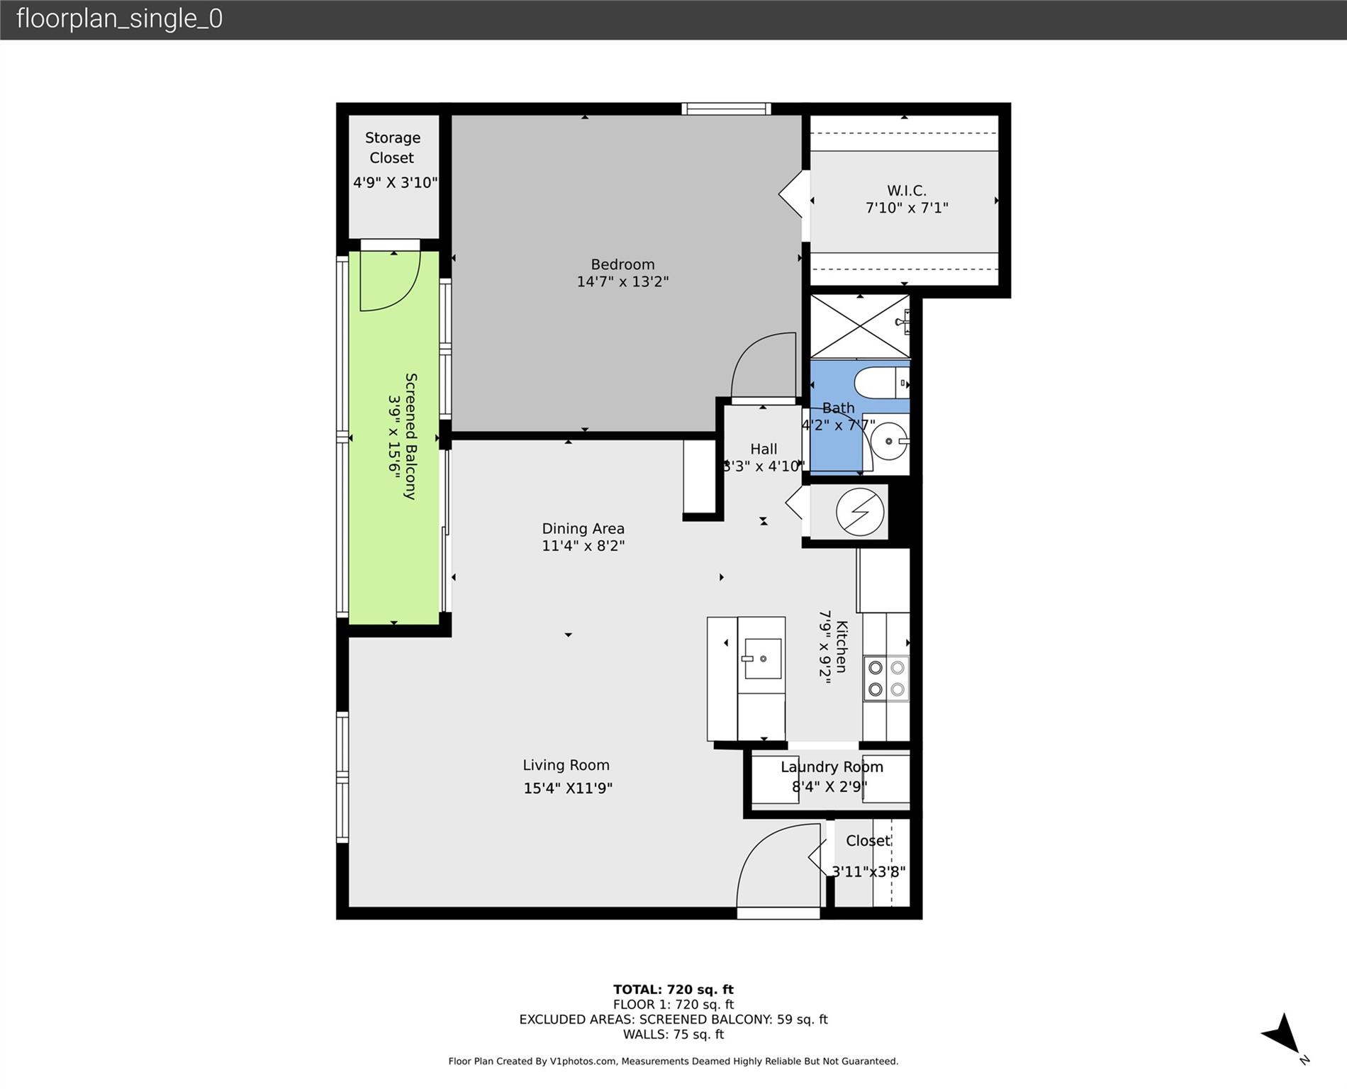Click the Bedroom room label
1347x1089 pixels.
point(622,264)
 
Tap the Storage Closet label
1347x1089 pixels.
point(392,147)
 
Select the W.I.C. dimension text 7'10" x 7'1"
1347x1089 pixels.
point(907,208)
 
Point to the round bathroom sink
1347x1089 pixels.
point(888,441)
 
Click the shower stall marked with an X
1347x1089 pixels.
point(860,327)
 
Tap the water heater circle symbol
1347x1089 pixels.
point(860,511)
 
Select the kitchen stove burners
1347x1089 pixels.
point(886,678)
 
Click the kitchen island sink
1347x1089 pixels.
point(762,658)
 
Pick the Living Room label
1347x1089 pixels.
point(566,765)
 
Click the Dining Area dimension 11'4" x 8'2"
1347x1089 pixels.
point(583,546)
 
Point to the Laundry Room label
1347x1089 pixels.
point(832,767)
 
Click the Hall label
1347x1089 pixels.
point(764,449)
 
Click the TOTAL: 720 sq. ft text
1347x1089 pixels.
point(673,989)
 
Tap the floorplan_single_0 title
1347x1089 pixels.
point(119,18)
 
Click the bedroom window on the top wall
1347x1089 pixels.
point(726,108)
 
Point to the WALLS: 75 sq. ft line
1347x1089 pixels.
point(673,1034)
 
